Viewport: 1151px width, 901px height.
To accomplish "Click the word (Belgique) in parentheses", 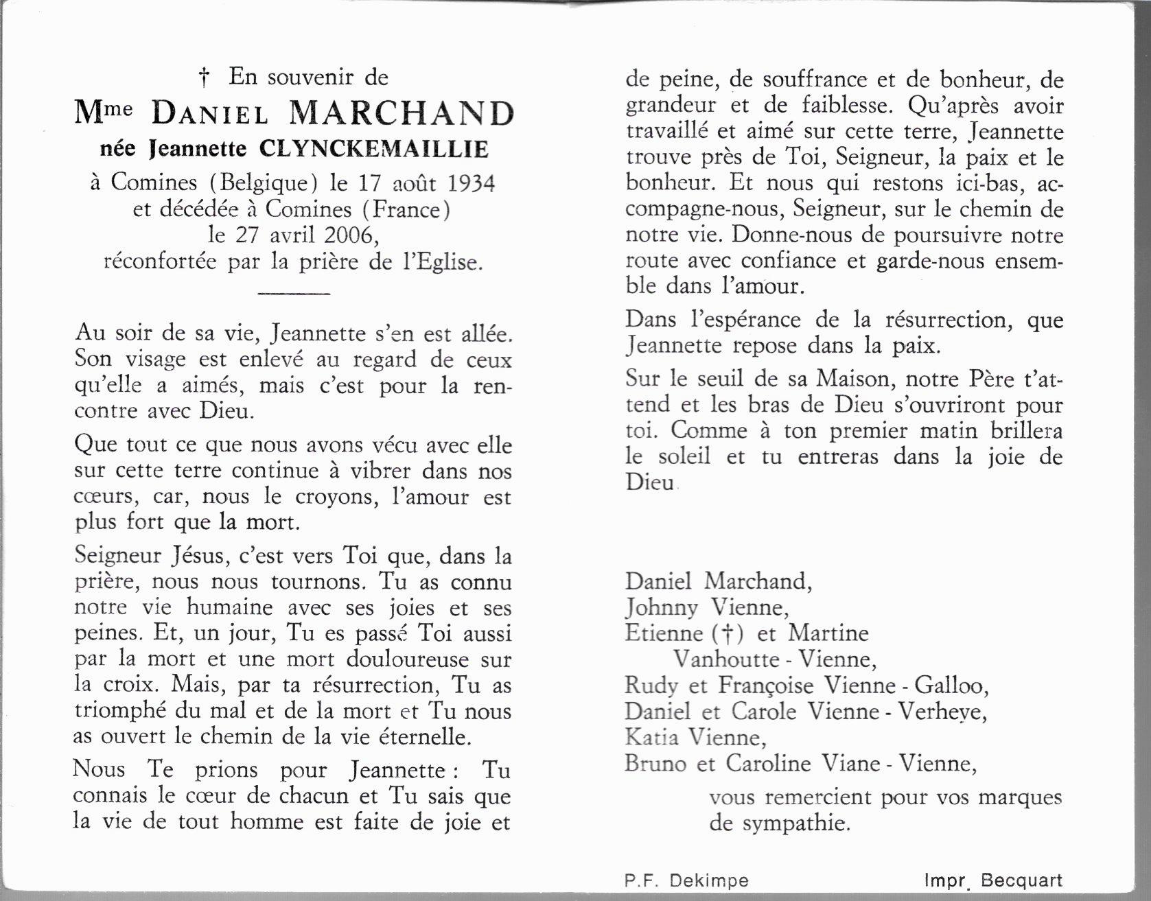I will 264,183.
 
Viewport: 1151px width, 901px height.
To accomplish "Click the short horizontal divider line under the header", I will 293,294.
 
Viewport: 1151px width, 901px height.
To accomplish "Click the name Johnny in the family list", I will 661,607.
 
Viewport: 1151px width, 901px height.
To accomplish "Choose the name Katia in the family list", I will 651,737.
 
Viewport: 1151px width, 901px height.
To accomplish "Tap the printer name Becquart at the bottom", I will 1021,880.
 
